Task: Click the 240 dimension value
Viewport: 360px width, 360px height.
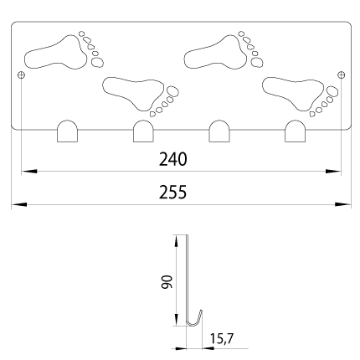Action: point(172,159)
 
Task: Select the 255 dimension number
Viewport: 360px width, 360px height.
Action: point(172,193)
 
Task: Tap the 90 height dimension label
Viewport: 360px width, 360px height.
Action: point(167,281)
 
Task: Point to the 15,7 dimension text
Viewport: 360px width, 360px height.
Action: point(222,339)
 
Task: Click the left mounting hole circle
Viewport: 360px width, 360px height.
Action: point(21,75)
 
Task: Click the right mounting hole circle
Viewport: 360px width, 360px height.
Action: point(341,75)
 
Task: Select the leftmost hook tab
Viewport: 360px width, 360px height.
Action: point(67,131)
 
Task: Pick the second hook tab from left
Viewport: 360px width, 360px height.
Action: point(143,131)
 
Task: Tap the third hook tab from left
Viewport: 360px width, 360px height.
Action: point(219,131)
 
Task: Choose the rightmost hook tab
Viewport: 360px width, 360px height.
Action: point(295,131)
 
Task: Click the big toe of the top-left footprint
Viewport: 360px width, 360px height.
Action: point(97,62)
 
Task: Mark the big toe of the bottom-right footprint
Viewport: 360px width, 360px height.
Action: point(332,91)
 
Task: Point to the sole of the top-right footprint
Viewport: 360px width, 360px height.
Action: point(215,53)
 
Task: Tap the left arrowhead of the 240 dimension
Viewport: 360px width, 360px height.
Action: point(29,171)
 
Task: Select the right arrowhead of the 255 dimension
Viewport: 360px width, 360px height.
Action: point(343,204)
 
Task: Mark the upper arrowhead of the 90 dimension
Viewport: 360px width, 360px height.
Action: point(176,241)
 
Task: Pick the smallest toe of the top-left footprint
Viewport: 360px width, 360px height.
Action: point(81,33)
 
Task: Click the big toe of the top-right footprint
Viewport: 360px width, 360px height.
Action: point(257,62)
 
